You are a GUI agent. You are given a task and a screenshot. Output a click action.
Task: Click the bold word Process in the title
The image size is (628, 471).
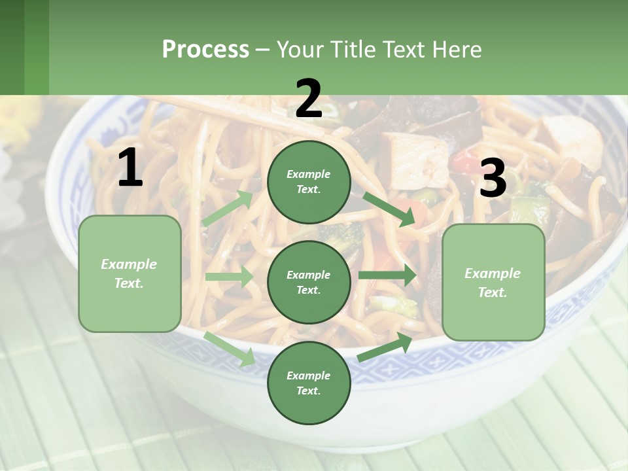tap(205, 49)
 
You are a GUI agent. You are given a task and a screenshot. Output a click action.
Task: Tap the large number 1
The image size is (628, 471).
tap(130, 168)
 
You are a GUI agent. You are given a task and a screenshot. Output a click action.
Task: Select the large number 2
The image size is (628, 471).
tap(309, 99)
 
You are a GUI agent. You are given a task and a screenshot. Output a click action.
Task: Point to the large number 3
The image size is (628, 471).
tap(493, 179)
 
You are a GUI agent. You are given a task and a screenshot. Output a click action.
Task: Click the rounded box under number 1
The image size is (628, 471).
tap(130, 273)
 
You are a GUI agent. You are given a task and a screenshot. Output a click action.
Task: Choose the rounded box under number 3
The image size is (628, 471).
tap(493, 282)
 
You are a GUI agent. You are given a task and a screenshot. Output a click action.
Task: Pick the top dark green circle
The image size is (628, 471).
tap(309, 182)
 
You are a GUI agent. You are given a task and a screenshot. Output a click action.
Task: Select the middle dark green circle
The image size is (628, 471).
tap(309, 282)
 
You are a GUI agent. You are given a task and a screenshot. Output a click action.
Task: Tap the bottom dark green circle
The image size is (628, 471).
tap(309, 383)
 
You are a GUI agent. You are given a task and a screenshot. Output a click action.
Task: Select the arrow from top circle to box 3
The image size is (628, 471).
tap(389, 209)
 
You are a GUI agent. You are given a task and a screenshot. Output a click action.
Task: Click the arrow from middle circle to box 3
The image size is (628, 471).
tap(387, 275)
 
